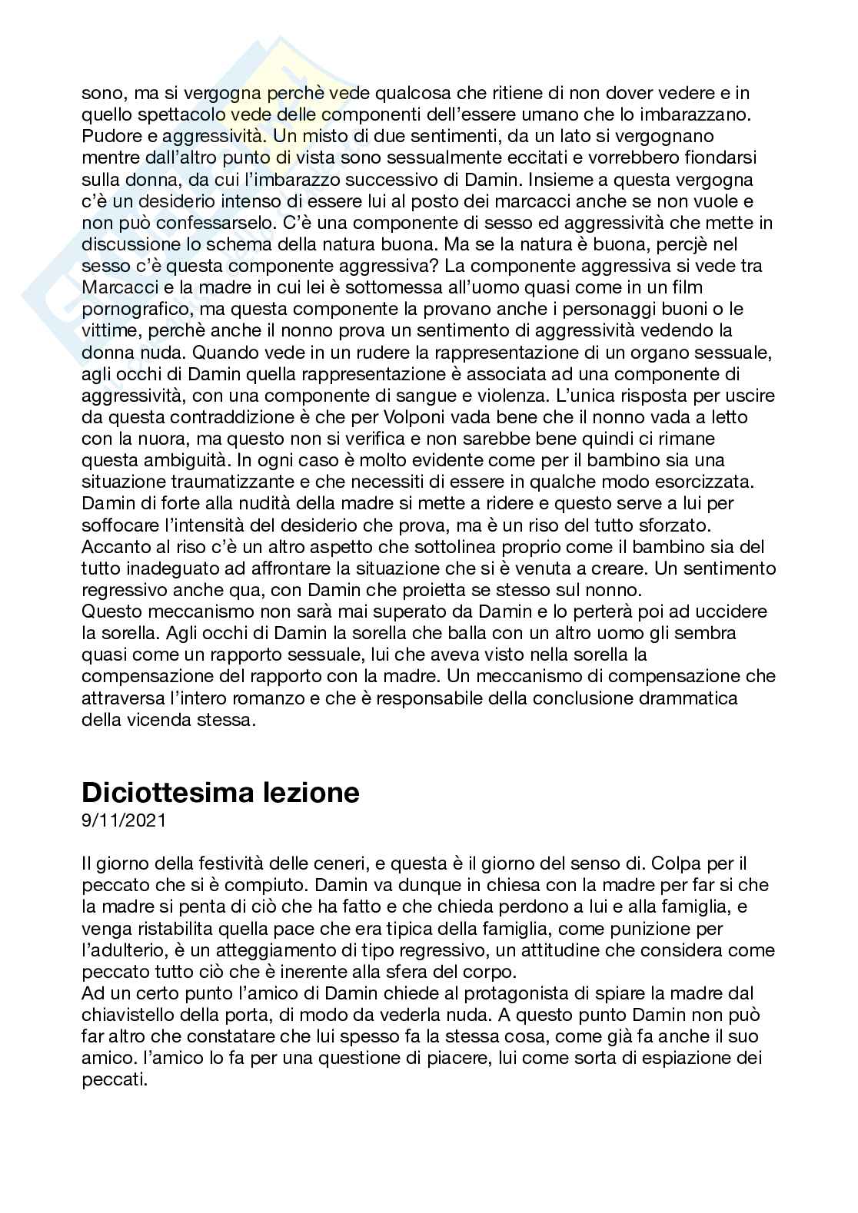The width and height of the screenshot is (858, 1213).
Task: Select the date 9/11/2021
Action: click(x=123, y=820)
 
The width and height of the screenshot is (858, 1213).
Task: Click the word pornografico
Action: click(x=131, y=309)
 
